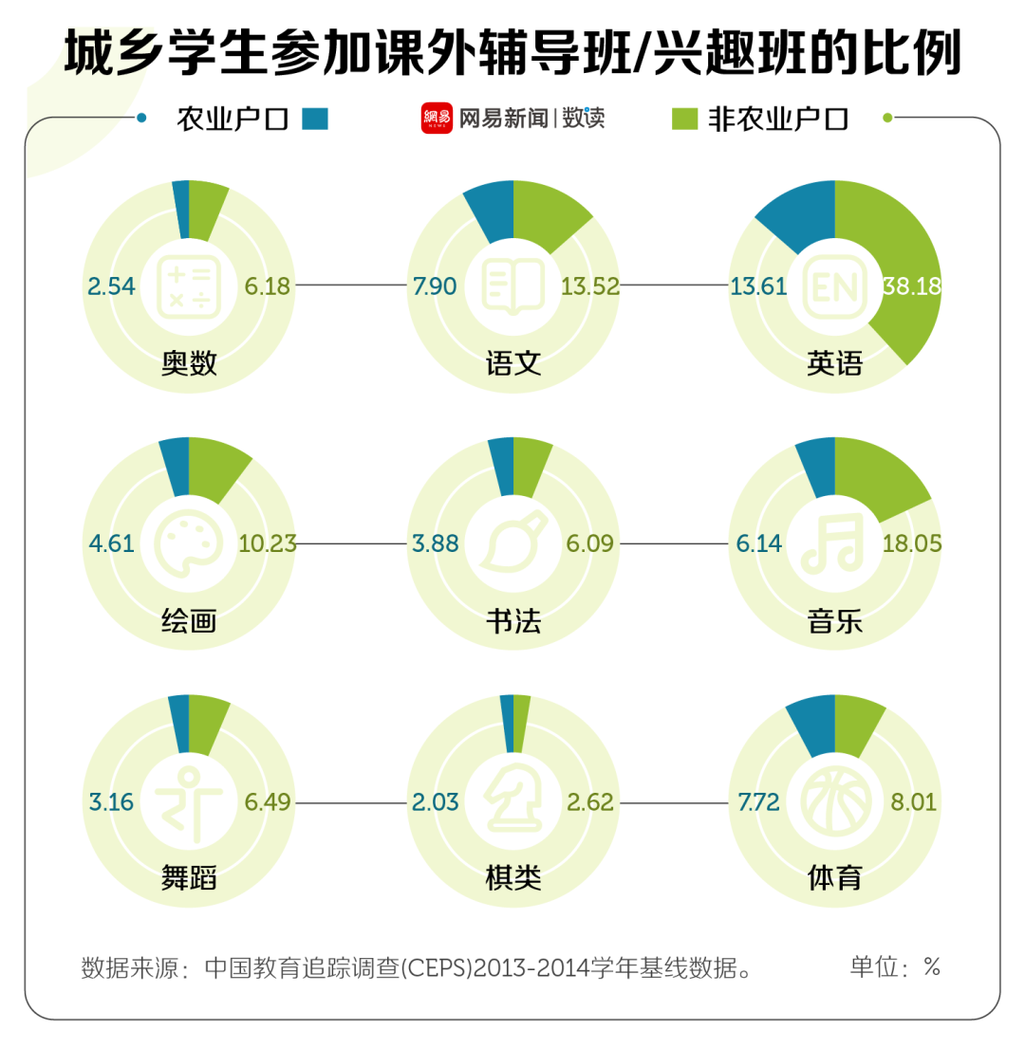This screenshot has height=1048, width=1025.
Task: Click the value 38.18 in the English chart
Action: pyautogui.click(x=911, y=286)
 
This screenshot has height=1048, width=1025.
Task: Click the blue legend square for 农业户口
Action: pyautogui.click(x=315, y=119)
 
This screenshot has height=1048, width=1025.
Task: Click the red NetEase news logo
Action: pyautogui.click(x=437, y=119)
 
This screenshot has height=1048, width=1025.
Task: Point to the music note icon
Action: pyautogui.click(x=834, y=543)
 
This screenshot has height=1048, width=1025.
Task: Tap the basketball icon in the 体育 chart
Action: pyautogui.click(x=834, y=802)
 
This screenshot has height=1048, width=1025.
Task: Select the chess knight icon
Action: pyautogui.click(x=512, y=802)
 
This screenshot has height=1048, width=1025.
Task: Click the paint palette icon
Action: pyautogui.click(x=189, y=543)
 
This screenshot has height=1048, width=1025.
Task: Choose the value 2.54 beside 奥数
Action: pyautogui.click(x=112, y=286)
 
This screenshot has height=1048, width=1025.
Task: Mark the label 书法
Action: pyautogui.click(x=512, y=621)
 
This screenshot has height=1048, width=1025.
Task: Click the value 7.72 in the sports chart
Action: pyautogui.click(x=758, y=803)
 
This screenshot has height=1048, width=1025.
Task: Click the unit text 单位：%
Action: pyautogui.click(x=894, y=967)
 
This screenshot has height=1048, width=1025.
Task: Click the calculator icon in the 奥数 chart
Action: pyautogui.click(x=189, y=285)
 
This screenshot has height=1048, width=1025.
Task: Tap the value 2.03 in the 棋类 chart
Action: pyautogui.click(x=436, y=803)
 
